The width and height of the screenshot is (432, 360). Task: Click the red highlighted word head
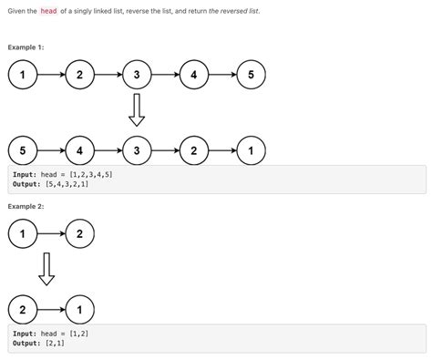49,11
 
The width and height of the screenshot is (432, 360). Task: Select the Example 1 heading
26,46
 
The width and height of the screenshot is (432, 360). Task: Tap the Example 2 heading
26,207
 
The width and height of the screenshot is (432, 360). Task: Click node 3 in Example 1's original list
136,76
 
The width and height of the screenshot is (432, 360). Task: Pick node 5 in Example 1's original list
250,76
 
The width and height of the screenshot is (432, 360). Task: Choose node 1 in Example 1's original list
22,76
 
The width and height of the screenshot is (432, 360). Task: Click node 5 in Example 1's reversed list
22,149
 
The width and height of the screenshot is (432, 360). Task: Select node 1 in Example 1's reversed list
250,149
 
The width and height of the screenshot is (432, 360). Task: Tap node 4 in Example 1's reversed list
79,149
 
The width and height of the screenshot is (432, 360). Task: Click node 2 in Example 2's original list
79,235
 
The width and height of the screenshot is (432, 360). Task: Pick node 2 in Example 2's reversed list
22,310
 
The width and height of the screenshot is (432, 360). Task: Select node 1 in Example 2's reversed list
79,310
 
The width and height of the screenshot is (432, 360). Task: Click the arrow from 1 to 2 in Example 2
50,235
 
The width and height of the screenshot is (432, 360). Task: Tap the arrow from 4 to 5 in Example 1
221,76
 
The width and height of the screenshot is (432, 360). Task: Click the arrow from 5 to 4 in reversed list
50,149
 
